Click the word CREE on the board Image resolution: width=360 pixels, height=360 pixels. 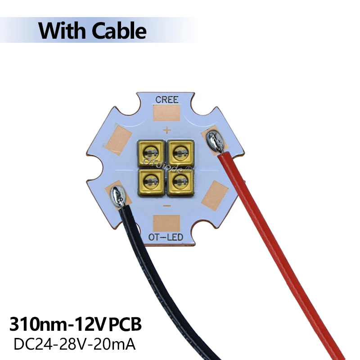coord(166,99)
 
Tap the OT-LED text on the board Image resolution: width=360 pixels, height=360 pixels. coord(166,237)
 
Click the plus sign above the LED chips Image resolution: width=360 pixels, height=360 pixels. coord(166,131)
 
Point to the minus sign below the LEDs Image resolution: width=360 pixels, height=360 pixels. coord(166,205)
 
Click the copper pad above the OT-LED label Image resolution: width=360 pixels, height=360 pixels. coord(166,222)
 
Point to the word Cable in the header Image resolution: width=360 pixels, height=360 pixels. coord(119,31)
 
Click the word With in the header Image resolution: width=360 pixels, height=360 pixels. coord(63,31)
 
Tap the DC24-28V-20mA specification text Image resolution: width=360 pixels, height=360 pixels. coord(75,344)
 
